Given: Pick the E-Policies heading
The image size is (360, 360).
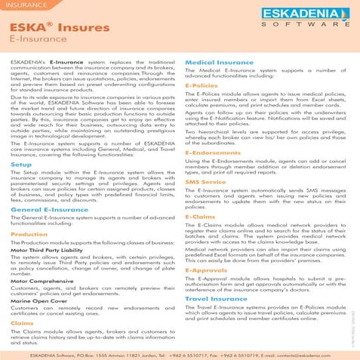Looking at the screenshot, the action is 202,86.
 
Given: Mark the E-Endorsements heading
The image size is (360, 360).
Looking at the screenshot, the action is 211,152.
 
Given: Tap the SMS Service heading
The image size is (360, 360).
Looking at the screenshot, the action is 205,182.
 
